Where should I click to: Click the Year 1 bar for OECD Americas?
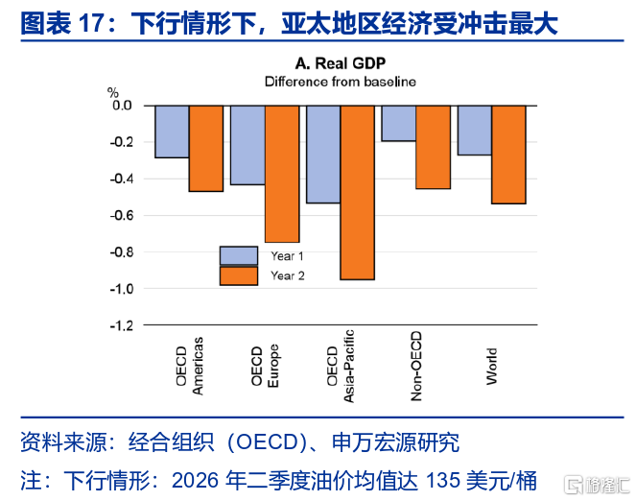172,131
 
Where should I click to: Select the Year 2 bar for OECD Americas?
206,148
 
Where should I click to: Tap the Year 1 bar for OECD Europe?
247,144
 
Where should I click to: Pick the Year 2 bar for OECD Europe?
282,173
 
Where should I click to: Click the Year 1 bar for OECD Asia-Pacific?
323,154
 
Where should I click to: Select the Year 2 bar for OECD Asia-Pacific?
358,192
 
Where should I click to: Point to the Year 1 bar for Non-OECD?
399,123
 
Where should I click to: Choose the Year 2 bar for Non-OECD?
434,146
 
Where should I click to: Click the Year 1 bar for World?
475,130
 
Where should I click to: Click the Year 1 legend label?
288,256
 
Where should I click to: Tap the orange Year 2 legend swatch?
239,276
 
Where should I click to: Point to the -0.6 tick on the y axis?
121,215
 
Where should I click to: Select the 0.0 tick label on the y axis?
123,105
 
